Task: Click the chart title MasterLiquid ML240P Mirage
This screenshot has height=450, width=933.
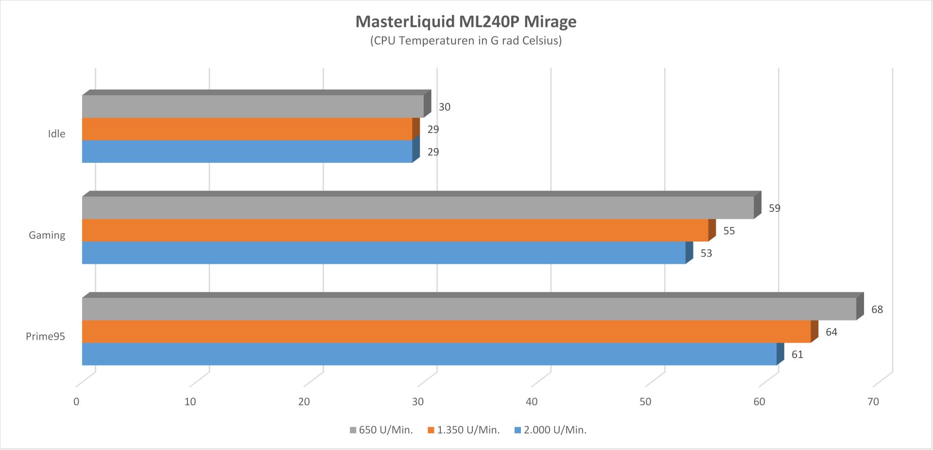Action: [x=466, y=22]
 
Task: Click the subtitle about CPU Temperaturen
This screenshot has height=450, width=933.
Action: [x=466, y=41]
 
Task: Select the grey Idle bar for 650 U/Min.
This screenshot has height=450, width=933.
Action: [x=253, y=106]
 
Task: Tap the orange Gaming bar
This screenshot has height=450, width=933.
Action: [x=395, y=230]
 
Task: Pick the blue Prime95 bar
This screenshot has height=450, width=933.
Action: [x=429, y=354]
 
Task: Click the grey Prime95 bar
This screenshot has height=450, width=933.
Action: [x=469, y=309]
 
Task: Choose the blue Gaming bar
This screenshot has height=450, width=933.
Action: [x=383, y=253]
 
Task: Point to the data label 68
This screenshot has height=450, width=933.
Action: [x=877, y=310]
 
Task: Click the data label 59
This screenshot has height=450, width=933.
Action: [x=774, y=208]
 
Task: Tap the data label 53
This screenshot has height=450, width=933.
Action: [x=706, y=253]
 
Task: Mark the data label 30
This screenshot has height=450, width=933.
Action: [x=444, y=107]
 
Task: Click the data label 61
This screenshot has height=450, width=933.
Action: [x=797, y=355]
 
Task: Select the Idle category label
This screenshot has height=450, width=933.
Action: [x=56, y=134]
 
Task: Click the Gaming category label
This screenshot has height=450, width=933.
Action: [x=47, y=235]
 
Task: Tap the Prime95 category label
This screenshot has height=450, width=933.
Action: [x=45, y=336]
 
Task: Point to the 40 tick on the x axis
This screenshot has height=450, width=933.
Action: [x=532, y=402]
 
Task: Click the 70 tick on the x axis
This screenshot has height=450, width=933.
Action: [x=873, y=402]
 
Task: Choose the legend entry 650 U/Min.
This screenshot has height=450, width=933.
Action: [x=381, y=430]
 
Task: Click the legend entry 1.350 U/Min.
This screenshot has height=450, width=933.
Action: [x=464, y=430]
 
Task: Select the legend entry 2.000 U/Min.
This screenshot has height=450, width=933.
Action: [x=551, y=430]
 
